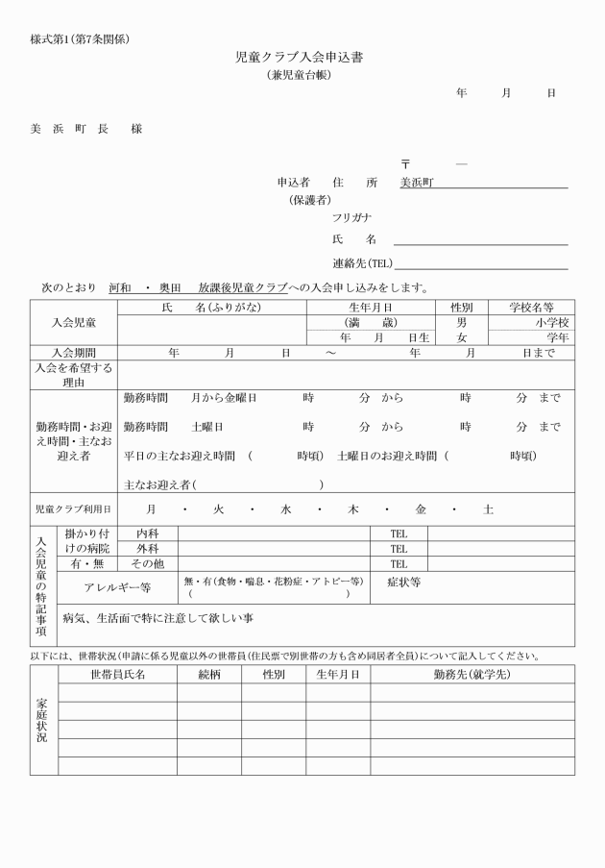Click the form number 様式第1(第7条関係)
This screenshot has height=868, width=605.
point(80,38)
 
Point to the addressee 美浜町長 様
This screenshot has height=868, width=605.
point(85,129)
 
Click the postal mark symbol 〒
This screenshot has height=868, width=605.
point(406,164)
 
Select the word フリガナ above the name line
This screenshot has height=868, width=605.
point(352,218)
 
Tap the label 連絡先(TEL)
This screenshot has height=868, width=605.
point(362,262)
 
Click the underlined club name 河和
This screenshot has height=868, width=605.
point(120,287)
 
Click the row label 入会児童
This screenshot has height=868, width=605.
point(73,322)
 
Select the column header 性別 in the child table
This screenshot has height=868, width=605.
point(462,308)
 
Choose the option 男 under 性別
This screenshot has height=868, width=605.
point(462,323)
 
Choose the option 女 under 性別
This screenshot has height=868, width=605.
point(462,337)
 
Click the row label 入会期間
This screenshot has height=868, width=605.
point(73,353)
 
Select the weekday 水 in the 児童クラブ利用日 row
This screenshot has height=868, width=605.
point(285,509)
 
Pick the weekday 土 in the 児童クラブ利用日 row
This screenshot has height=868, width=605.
point(488,509)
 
